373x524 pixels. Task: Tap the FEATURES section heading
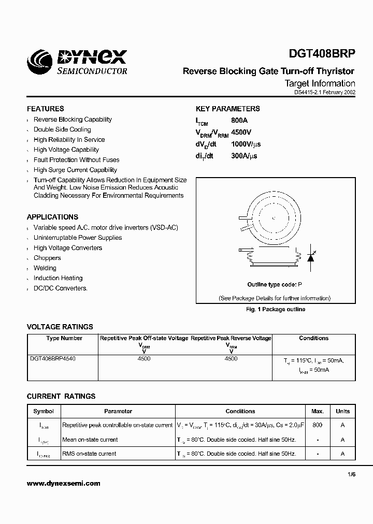[46, 109]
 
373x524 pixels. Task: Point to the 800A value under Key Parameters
[240, 119]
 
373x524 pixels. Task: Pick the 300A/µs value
[244, 155]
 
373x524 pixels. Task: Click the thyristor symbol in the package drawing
[311, 257]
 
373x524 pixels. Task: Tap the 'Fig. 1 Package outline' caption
[275, 309]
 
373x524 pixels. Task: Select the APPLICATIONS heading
[52, 217]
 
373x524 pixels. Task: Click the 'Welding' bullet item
[45, 268]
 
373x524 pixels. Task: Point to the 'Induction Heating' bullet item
[58, 278]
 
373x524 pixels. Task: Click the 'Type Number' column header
[64, 338]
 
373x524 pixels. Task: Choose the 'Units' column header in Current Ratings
[342, 411]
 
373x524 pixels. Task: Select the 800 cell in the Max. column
[317, 425]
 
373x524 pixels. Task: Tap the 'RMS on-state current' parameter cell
[89, 454]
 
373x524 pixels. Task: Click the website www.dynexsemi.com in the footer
[63, 484]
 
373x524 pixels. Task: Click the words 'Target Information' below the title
[320, 83]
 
